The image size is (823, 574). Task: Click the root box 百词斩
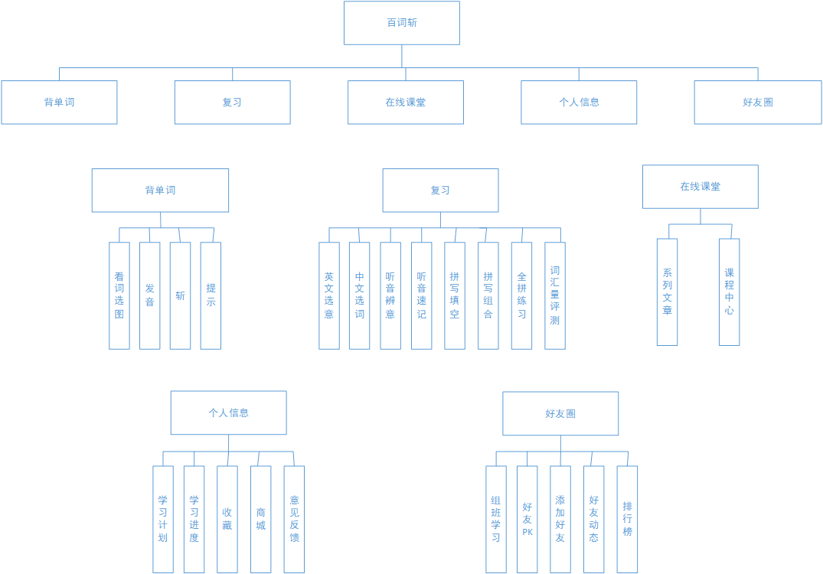pyautogui.click(x=401, y=23)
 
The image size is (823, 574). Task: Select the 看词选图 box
pyautogui.click(x=119, y=295)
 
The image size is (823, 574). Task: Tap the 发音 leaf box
pyautogui.click(x=150, y=295)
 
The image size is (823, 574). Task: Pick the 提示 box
pyautogui.click(x=211, y=295)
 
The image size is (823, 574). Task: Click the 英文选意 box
pyautogui.click(x=329, y=295)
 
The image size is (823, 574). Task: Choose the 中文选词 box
pyautogui.click(x=359, y=295)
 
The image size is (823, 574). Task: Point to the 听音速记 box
pyautogui.click(x=421, y=295)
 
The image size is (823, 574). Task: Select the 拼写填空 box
pyautogui.click(x=455, y=295)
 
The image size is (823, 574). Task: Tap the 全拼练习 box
pyautogui.click(x=521, y=295)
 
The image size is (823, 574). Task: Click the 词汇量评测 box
pyautogui.click(x=555, y=295)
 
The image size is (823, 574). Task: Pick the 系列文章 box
pyautogui.click(x=667, y=292)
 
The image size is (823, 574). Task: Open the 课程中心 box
pyautogui.click(x=729, y=292)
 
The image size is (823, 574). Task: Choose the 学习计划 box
pyautogui.click(x=163, y=519)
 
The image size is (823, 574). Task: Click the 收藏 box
pyautogui.click(x=227, y=519)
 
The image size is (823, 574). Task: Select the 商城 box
pyautogui.click(x=260, y=519)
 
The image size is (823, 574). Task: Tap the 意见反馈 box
pyautogui.click(x=294, y=519)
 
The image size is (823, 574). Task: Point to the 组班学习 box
pyautogui.click(x=496, y=519)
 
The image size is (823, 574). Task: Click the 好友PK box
pyautogui.click(x=527, y=519)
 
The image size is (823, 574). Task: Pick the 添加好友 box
pyautogui.click(x=560, y=519)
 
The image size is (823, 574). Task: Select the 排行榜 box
pyautogui.click(x=627, y=519)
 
